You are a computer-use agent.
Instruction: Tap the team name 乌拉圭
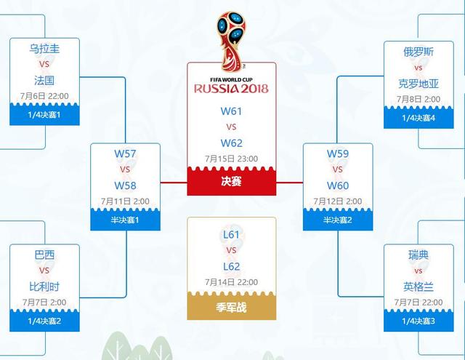(x=44, y=50)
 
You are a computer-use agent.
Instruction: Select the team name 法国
(x=44, y=80)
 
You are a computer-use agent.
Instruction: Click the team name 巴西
(x=44, y=255)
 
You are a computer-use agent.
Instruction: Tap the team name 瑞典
(x=418, y=255)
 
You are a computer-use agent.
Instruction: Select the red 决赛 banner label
(x=232, y=181)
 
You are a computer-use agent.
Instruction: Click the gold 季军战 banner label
(x=232, y=308)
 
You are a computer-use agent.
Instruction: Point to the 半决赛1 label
(x=124, y=220)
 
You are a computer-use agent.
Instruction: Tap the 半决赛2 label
(x=337, y=220)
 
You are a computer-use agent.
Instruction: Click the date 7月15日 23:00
(x=231, y=159)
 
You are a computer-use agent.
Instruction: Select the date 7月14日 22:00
(x=231, y=282)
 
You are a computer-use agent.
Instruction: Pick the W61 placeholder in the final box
(x=232, y=111)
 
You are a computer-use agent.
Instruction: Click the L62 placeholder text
(x=232, y=266)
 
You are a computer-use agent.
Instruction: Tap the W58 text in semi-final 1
(x=125, y=185)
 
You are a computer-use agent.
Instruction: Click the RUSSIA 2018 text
(x=231, y=89)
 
